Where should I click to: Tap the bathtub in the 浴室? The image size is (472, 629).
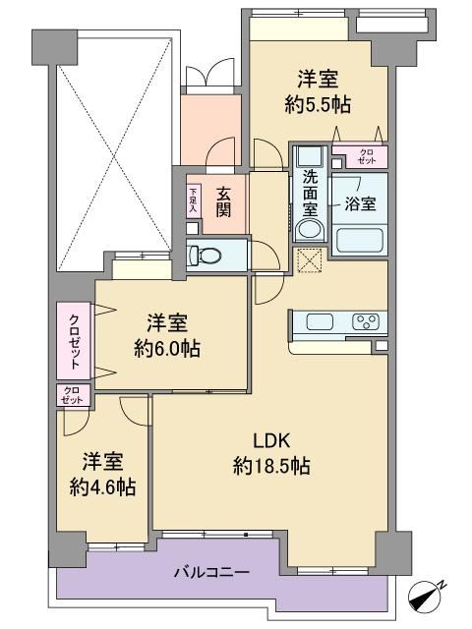359,241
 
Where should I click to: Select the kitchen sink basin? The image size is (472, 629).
320,322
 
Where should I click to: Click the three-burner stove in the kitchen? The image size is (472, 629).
366,321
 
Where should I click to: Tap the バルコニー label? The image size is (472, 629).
211,572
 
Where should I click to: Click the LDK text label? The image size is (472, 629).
271,441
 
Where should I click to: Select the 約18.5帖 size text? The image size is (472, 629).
271,467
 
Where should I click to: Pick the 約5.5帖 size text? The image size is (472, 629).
318,105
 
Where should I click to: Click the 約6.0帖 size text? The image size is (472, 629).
167,349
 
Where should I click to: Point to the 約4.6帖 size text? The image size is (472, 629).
102,487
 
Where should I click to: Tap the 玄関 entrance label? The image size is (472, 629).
223,202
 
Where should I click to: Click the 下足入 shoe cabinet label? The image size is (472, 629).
194,200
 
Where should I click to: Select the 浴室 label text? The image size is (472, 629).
361,203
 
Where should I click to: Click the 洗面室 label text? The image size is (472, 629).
310,194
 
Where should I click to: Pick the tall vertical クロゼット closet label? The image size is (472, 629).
74,342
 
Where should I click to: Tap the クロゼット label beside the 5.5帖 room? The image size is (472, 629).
367,156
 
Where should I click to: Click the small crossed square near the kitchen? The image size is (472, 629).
309,260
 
